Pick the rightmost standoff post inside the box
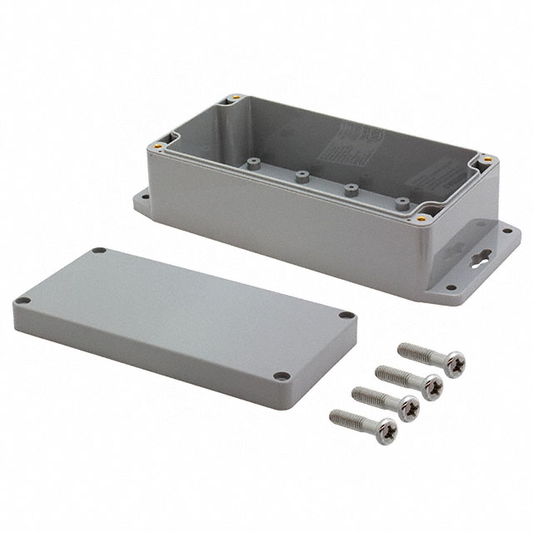(x=404, y=201)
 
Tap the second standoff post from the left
(x=299, y=176)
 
